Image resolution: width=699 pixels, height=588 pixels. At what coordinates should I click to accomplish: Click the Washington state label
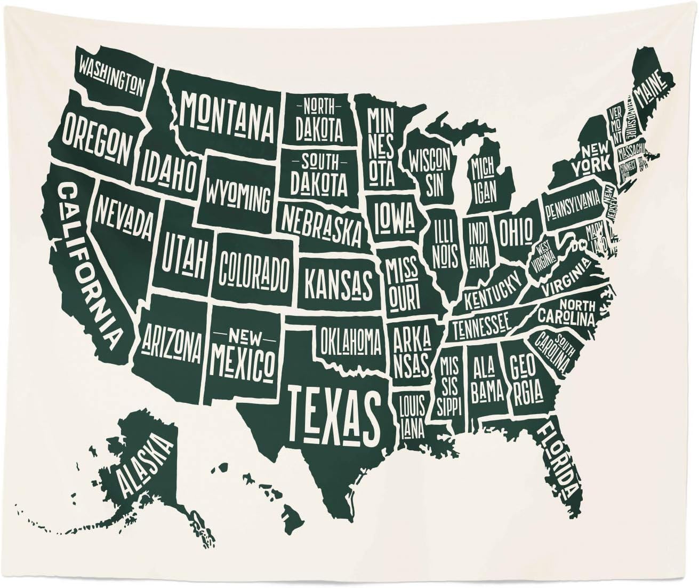(111, 76)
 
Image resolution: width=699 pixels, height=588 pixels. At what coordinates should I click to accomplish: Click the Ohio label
(516, 230)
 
